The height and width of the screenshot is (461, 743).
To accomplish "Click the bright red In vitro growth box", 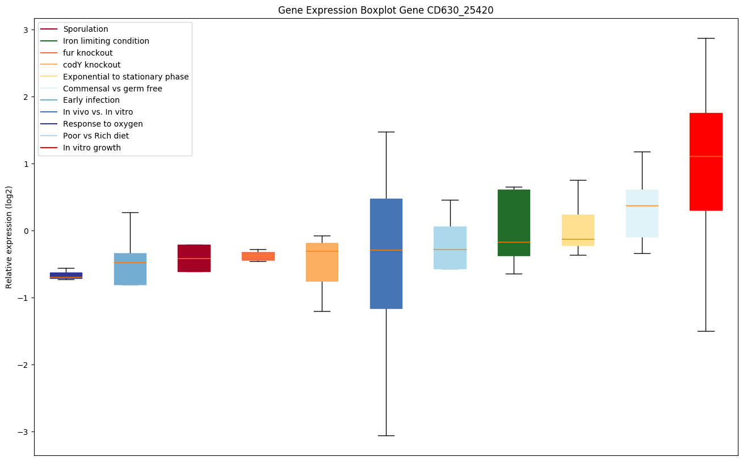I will tap(706, 162).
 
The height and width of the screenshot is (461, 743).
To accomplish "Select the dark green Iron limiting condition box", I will tap(514, 223).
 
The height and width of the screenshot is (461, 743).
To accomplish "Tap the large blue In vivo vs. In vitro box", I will tap(386, 253).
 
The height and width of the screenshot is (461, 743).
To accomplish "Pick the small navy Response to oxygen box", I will tap(66, 275).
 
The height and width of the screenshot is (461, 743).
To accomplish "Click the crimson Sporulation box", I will tap(194, 258).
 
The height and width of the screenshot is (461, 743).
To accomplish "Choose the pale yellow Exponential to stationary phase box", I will tap(578, 230).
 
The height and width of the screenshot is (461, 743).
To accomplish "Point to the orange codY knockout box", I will tap(322, 262).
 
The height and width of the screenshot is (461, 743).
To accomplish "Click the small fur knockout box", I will tap(258, 256).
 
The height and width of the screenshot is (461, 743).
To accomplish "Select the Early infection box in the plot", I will tap(130, 269).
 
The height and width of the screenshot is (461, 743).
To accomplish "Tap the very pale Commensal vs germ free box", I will tap(642, 213).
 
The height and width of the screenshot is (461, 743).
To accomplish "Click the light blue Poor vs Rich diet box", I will tap(450, 248).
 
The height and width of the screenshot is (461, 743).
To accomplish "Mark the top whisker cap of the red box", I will tap(706, 38).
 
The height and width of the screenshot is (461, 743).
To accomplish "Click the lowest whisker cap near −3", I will tap(386, 435).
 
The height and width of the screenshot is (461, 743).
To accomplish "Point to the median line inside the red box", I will tap(706, 156).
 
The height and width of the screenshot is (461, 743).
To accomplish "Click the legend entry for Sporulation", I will tap(86, 29).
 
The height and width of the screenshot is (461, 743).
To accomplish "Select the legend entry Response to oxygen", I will tap(103, 124).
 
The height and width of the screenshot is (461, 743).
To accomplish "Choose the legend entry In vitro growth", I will tap(92, 148).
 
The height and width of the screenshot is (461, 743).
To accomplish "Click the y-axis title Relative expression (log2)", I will tap(9, 237).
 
